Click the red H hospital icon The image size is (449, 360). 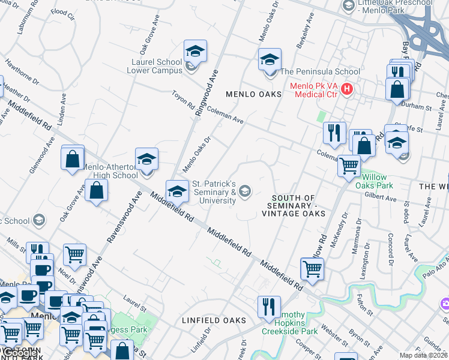click(x=346, y=89)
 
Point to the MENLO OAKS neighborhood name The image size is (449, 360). click(x=252, y=95)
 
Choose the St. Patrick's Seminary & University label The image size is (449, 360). click(x=213, y=192)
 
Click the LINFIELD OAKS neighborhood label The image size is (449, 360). click(x=214, y=320)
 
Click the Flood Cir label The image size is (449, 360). click(x=62, y=12)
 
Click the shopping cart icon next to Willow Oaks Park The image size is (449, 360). click(x=349, y=165)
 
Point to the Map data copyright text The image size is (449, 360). click(x=423, y=355)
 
